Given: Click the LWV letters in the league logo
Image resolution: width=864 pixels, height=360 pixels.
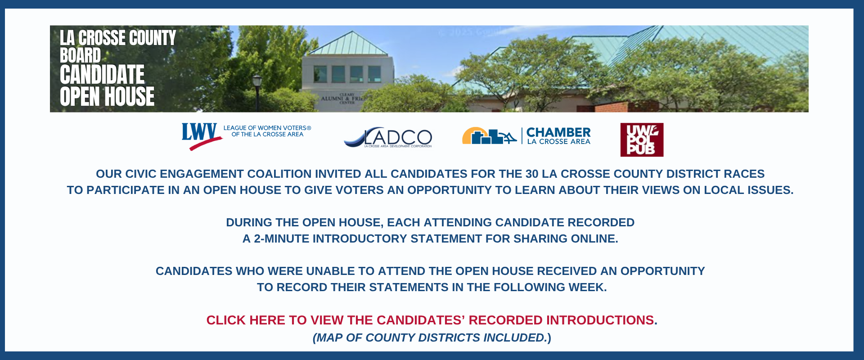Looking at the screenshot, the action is click(199, 132).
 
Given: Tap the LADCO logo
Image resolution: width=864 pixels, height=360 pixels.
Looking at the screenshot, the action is click(388, 137).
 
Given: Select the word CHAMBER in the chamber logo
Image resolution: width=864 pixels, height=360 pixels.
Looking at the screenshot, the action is click(558, 132).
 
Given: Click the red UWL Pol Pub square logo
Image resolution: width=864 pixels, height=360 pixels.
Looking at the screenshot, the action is click(642, 140).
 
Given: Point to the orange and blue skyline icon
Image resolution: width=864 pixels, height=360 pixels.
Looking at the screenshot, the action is click(489, 136).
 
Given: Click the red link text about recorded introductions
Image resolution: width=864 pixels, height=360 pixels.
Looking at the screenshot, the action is click(430, 320).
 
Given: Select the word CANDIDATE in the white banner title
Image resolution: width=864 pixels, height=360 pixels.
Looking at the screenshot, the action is click(102, 75).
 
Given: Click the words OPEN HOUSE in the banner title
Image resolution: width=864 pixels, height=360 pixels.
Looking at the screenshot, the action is click(107, 96).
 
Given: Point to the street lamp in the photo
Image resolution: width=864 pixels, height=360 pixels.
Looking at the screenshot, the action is click(257, 92).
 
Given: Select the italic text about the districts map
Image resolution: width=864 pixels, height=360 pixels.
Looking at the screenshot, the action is click(432, 337).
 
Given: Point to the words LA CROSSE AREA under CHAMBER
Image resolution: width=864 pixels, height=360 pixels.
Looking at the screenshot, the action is click(558, 142).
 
